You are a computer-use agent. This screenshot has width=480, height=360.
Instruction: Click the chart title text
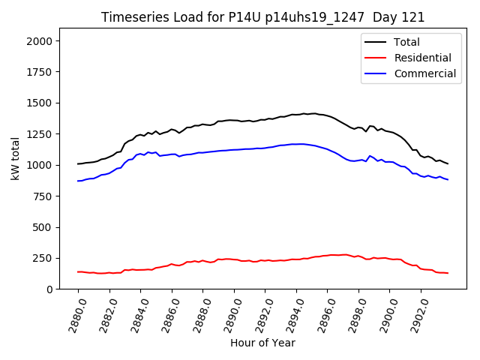(262, 17)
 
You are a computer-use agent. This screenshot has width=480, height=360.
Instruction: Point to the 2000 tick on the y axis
(40, 40)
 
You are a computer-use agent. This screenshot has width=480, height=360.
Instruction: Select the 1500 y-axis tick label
(40, 103)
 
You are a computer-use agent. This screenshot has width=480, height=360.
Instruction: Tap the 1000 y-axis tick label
(40, 165)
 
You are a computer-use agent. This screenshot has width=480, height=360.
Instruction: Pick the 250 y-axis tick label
(43, 258)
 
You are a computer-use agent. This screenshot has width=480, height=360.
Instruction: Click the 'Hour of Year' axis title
(262, 343)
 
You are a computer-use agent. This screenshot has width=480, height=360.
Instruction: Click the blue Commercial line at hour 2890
(234, 149)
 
